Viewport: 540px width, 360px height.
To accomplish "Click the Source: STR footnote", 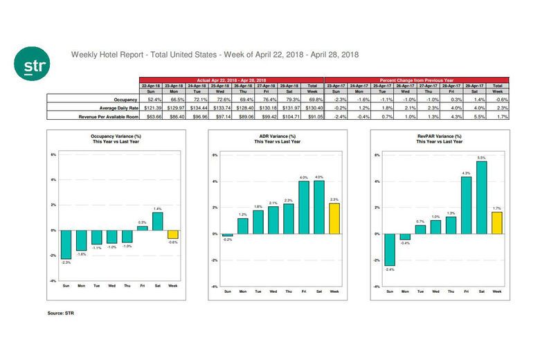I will click(x=62, y=314).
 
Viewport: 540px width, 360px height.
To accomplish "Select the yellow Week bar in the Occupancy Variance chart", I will click(x=172, y=234).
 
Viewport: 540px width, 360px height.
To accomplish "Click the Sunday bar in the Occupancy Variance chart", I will click(x=66, y=244).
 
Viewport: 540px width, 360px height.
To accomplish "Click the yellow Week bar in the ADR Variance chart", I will click(x=334, y=218).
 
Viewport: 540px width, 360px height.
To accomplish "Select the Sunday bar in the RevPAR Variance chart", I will click(x=390, y=249).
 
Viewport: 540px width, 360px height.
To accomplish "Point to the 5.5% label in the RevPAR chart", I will click(x=482, y=158).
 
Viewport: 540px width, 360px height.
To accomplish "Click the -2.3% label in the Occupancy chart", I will click(x=66, y=262).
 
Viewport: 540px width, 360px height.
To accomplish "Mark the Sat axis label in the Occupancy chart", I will click(x=157, y=285).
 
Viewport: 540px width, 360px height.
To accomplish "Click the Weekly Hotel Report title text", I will click(x=215, y=53).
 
